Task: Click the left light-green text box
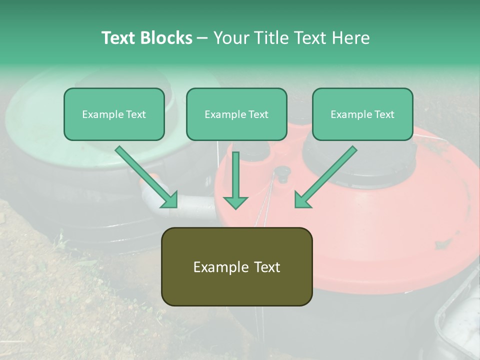pyautogui.click(x=114, y=114)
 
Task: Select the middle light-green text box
pyautogui.click(x=236, y=114)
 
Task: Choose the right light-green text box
pyautogui.click(x=362, y=114)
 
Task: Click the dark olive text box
pyautogui.click(x=236, y=266)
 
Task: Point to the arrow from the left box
pyautogui.click(x=145, y=175)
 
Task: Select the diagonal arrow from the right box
pyautogui.click(x=327, y=174)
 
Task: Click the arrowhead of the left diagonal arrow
pyautogui.click(x=170, y=200)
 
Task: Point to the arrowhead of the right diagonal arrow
pyautogui.click(x=302, y=200)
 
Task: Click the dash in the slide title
pyautogui.click(x=202, y=38)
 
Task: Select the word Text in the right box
pyautogui.click(x=384, y=114)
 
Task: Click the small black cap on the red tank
pyautogui.click(x=282, y=172)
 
